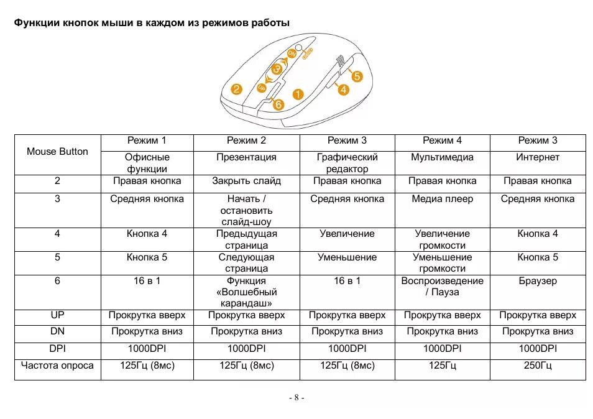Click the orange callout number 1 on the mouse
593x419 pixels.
click(x=297, y=95)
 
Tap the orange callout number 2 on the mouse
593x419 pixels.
click(x=236, y=89)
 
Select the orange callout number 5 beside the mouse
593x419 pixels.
click(x=356, y=76)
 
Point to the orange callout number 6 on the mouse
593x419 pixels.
click(x=278, y=105)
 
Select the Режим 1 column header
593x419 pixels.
click(x=147, y=140)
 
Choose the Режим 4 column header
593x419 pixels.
click(x=442, y=140)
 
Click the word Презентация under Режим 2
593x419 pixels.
click(x=246, y=157)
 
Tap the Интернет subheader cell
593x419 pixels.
click(x=538, y=157)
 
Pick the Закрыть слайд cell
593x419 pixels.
click(x=246, y=181)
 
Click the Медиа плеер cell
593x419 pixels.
click(x=442, y=199)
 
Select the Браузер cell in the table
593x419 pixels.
click(x=538, y=281)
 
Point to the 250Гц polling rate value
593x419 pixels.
click(x=538, y=366)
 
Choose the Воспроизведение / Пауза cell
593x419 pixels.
click(x=442, y=287)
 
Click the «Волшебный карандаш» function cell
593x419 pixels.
click(x=246, y=292)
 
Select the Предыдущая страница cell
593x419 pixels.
click(x=246, y=239)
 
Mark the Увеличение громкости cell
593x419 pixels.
click(x=442, y=239)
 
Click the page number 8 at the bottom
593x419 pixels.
click(x=296, y=398)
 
